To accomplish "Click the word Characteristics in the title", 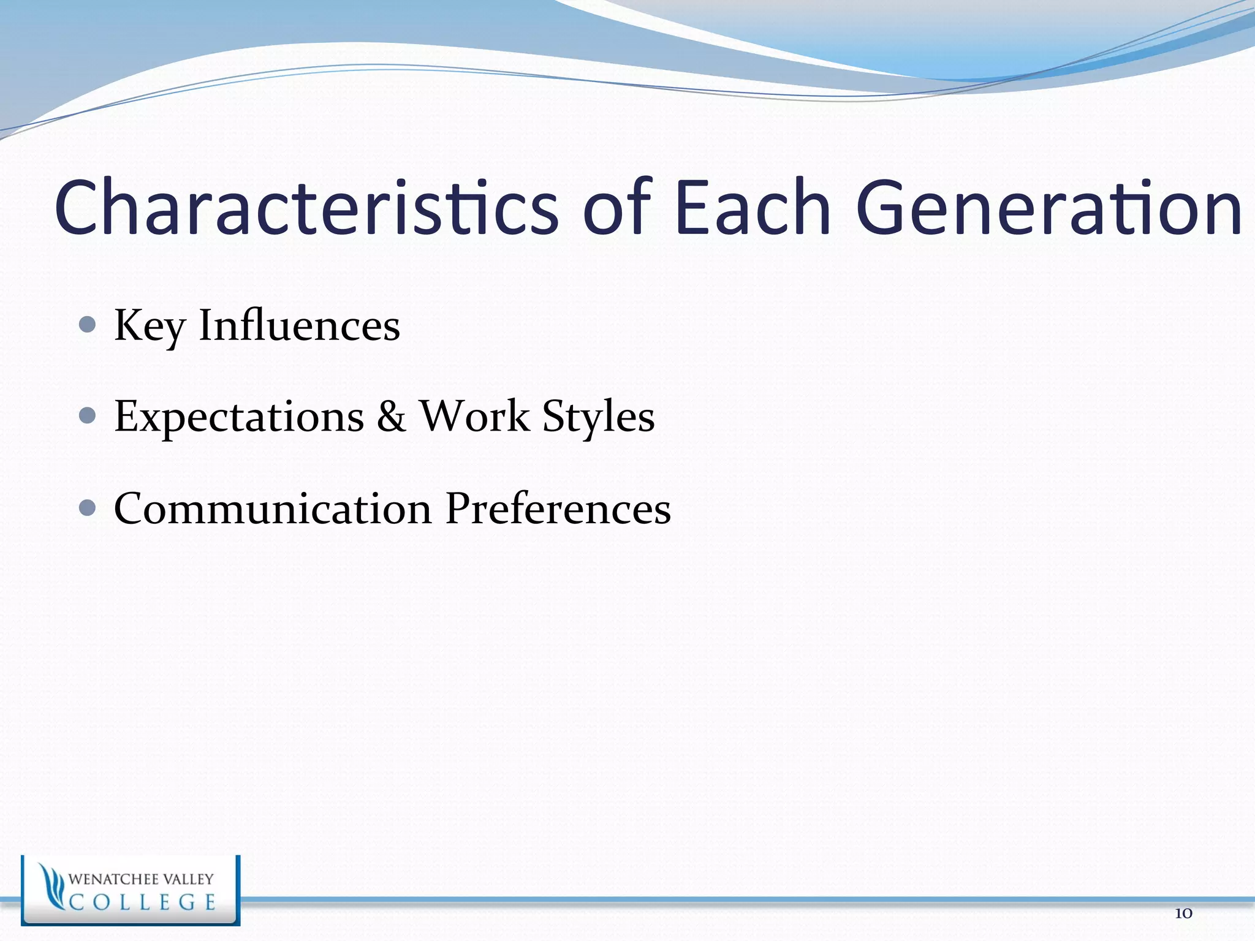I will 306,207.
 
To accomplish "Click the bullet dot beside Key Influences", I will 88,324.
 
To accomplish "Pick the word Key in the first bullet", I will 150,327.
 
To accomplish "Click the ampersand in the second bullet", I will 391,417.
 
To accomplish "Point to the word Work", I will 474,417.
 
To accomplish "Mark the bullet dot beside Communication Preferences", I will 88,508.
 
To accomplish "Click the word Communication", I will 273,508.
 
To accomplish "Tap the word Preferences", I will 558,508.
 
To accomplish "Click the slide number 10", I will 1183,913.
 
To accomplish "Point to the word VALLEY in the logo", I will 188,879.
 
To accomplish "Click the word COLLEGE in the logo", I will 142,902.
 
